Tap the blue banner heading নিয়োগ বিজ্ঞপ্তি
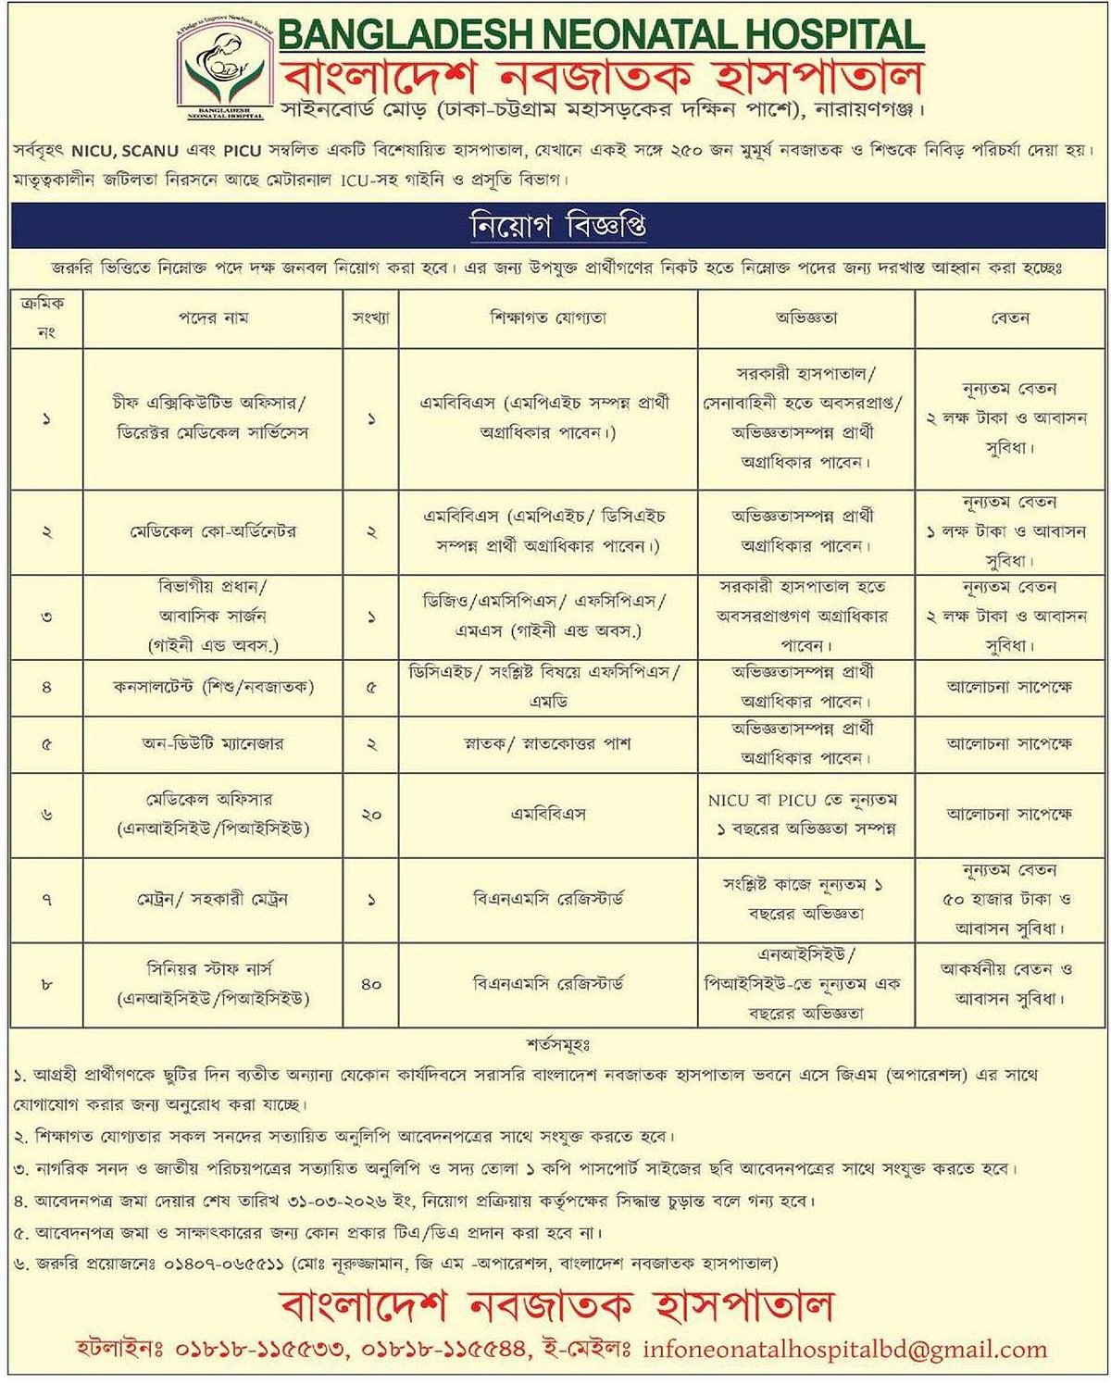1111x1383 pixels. pyautogui.click(x=557, y=227)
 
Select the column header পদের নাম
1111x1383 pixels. pyautogui.click(x=213, y=318)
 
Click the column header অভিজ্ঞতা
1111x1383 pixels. pyautogui.click(x=805, y=318)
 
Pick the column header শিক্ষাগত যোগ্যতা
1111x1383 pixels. pyautogui.click(x=548, y=318)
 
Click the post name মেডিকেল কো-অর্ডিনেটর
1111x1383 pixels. pyautogui.click(x=213, y=532)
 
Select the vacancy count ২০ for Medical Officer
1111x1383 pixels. pyautogui.click(x=370, y=815)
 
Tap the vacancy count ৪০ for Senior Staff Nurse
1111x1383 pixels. pyautogui.click(x=370, y=985)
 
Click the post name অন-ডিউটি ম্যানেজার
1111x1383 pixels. pyautogui.click(x=213, y=743)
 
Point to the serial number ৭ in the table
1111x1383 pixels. pyautogui.click(x=46, y=900)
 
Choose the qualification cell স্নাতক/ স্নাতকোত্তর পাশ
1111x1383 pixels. pyautogui.click(x=548, y=743)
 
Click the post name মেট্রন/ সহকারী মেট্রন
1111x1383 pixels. pyautogui.click(x=213, y=900)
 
